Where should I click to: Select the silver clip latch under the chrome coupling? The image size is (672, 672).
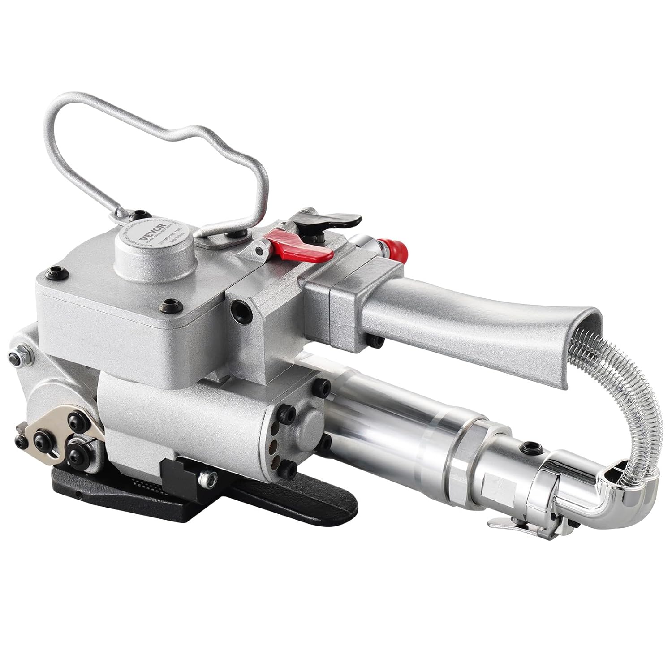[506, 523]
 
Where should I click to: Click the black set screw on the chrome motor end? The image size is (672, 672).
[533, 447]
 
